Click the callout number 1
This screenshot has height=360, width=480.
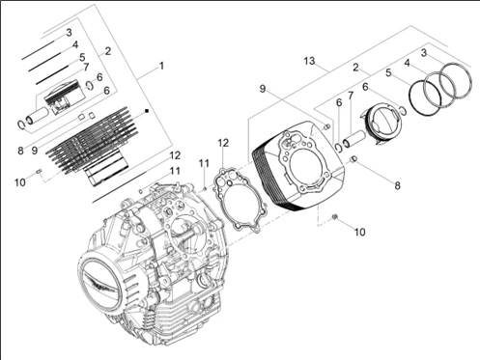161,66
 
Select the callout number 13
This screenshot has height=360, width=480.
309,61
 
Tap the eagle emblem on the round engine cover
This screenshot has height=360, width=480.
101,284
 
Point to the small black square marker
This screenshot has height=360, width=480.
147,111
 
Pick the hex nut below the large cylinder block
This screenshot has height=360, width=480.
335,217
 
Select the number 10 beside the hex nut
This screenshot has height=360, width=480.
360,232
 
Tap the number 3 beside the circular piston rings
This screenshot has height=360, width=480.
424,53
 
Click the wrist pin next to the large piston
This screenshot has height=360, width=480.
353,139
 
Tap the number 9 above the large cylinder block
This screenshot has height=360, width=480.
263,89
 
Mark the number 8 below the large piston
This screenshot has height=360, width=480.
398,185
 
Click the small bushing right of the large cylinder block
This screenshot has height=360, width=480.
353,159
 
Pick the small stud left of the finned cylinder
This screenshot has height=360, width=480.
39,171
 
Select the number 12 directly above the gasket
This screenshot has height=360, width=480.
223,143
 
